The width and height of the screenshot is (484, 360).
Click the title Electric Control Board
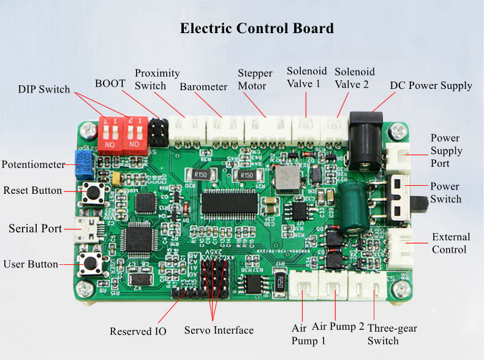(x=257, y=29)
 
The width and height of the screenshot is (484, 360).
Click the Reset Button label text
(x=32, y=190)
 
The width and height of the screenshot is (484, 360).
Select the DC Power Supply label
(x=431, y=85)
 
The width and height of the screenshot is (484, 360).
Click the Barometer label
(x=203, y=86)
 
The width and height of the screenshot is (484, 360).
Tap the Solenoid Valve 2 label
(x=354, y=78)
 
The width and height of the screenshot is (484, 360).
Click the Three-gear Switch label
(x=391, y=334)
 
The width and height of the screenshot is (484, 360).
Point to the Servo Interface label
(x=219, y=331)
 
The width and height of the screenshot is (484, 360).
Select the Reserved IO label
(x=138, y=331)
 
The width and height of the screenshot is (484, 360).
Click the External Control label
(x=451, y=243)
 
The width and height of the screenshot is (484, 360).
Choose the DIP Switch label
(x=44, y=89)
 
